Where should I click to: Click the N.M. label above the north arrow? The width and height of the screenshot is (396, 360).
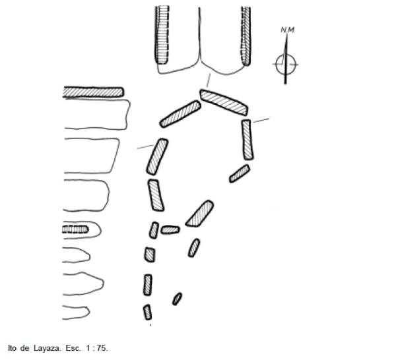288,30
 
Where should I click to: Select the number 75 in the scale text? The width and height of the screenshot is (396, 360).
102,348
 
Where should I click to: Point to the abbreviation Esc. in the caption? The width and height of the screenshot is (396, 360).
73,348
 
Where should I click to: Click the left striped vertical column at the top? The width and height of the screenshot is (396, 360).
162,35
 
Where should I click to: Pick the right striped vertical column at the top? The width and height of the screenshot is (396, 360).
246,36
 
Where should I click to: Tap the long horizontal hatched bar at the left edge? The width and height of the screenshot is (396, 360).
93,92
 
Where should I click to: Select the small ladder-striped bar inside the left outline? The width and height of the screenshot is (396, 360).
75,229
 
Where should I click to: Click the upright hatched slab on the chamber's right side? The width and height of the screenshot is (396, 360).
247,140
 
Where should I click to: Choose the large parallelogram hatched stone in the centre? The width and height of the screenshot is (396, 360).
200,214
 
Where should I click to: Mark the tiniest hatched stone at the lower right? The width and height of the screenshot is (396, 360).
177,299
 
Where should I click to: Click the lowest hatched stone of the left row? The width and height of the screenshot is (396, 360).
147,312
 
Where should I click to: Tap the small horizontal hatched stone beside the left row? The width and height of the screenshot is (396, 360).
170,230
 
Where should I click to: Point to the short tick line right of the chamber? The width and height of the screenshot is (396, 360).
261,120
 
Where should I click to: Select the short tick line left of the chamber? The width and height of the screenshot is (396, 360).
145,147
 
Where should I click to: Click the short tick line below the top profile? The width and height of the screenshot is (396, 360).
209,80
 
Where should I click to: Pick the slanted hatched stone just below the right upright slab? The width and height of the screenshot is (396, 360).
240,173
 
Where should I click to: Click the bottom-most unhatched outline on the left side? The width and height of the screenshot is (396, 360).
77,313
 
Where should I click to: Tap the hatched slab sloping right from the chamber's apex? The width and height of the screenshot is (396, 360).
224,102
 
